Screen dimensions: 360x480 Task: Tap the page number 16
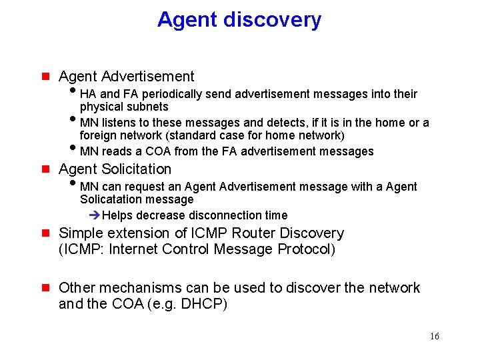(434, 337)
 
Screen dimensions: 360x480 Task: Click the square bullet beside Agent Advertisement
(45, 77)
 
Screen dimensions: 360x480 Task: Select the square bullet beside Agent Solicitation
(45, 169)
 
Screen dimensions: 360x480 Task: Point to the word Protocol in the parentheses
(303, 249)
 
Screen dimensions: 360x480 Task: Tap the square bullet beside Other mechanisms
(45, 289)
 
